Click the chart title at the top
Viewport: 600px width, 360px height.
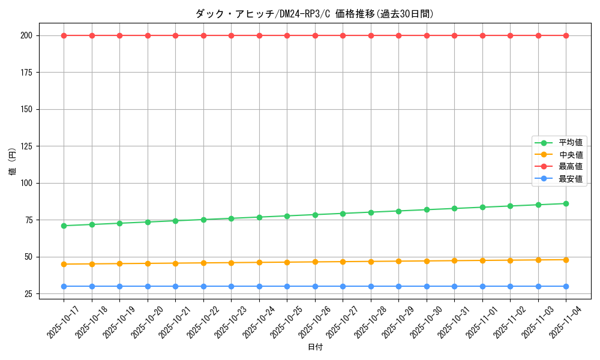point(314,14)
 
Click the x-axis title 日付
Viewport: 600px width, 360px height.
point(315,347)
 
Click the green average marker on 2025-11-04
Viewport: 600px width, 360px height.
point(566,203)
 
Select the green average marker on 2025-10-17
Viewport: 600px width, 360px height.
point(64,226)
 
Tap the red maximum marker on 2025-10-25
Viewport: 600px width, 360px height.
point(287,35)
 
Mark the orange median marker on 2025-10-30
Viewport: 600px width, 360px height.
point(427,261)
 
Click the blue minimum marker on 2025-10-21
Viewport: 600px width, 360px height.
point(175,286)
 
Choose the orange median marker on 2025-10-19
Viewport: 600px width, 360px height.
point(119,263)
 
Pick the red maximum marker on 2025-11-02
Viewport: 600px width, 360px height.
point(510,35)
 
